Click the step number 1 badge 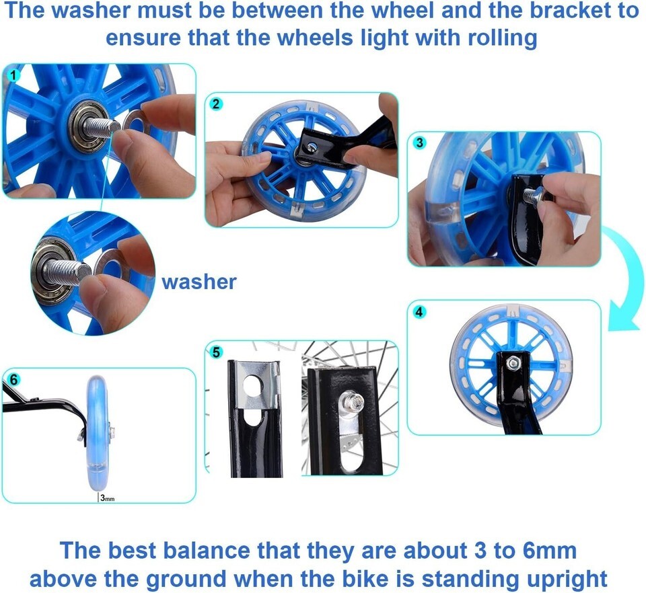(13, 76)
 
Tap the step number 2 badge (216, 104)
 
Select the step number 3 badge (419, 143)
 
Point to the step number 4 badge (419, 312)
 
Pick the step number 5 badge (216, 353)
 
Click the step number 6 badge (13, 379)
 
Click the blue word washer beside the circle (199, 282)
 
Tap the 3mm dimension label (107, 498)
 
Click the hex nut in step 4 (513, 362)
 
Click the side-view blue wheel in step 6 (98, 432)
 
